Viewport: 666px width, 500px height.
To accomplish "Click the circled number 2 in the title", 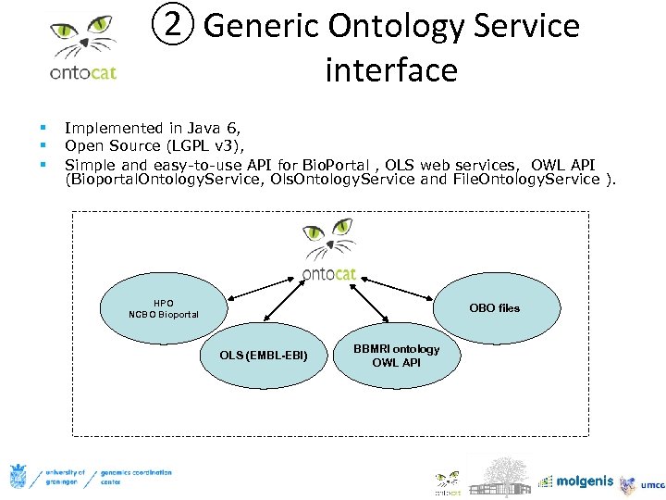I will [x=171, y=26].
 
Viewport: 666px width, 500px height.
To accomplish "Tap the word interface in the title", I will [x=390, y=70].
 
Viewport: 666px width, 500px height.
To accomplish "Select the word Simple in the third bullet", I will [x=90, y=163].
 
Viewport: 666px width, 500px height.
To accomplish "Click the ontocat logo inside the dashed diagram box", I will [x=329, y=248].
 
